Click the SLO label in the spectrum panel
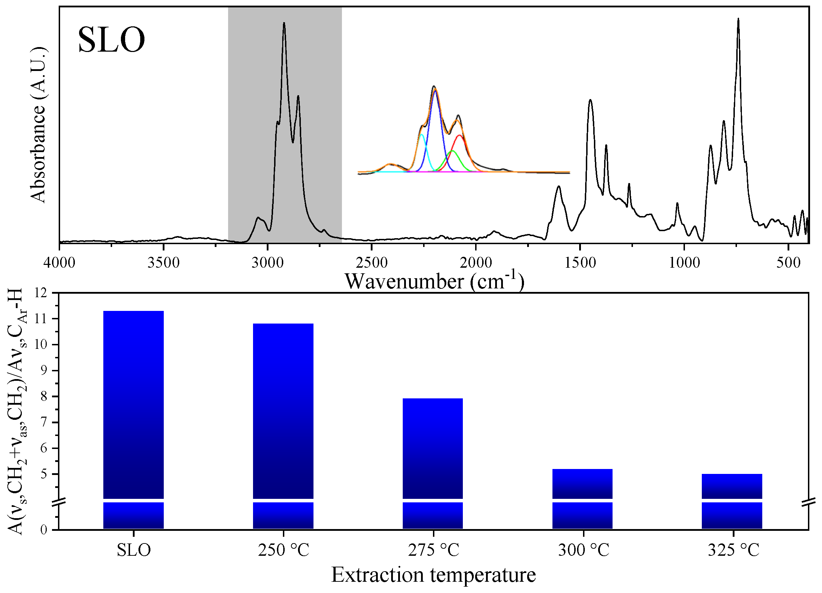coord(111,40)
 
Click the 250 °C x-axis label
coord(283,550)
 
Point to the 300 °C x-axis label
coord(583,550)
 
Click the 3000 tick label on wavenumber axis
coord(267,263)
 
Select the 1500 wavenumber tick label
coord(580,263)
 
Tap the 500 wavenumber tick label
coord(788,263)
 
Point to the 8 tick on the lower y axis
coord(44,396)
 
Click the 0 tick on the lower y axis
coord(44,530)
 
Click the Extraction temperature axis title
coord(433,575)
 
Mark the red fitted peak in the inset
coord(460,136)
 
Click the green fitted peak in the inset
coord(452,151)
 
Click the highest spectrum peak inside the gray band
coord(284,24)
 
